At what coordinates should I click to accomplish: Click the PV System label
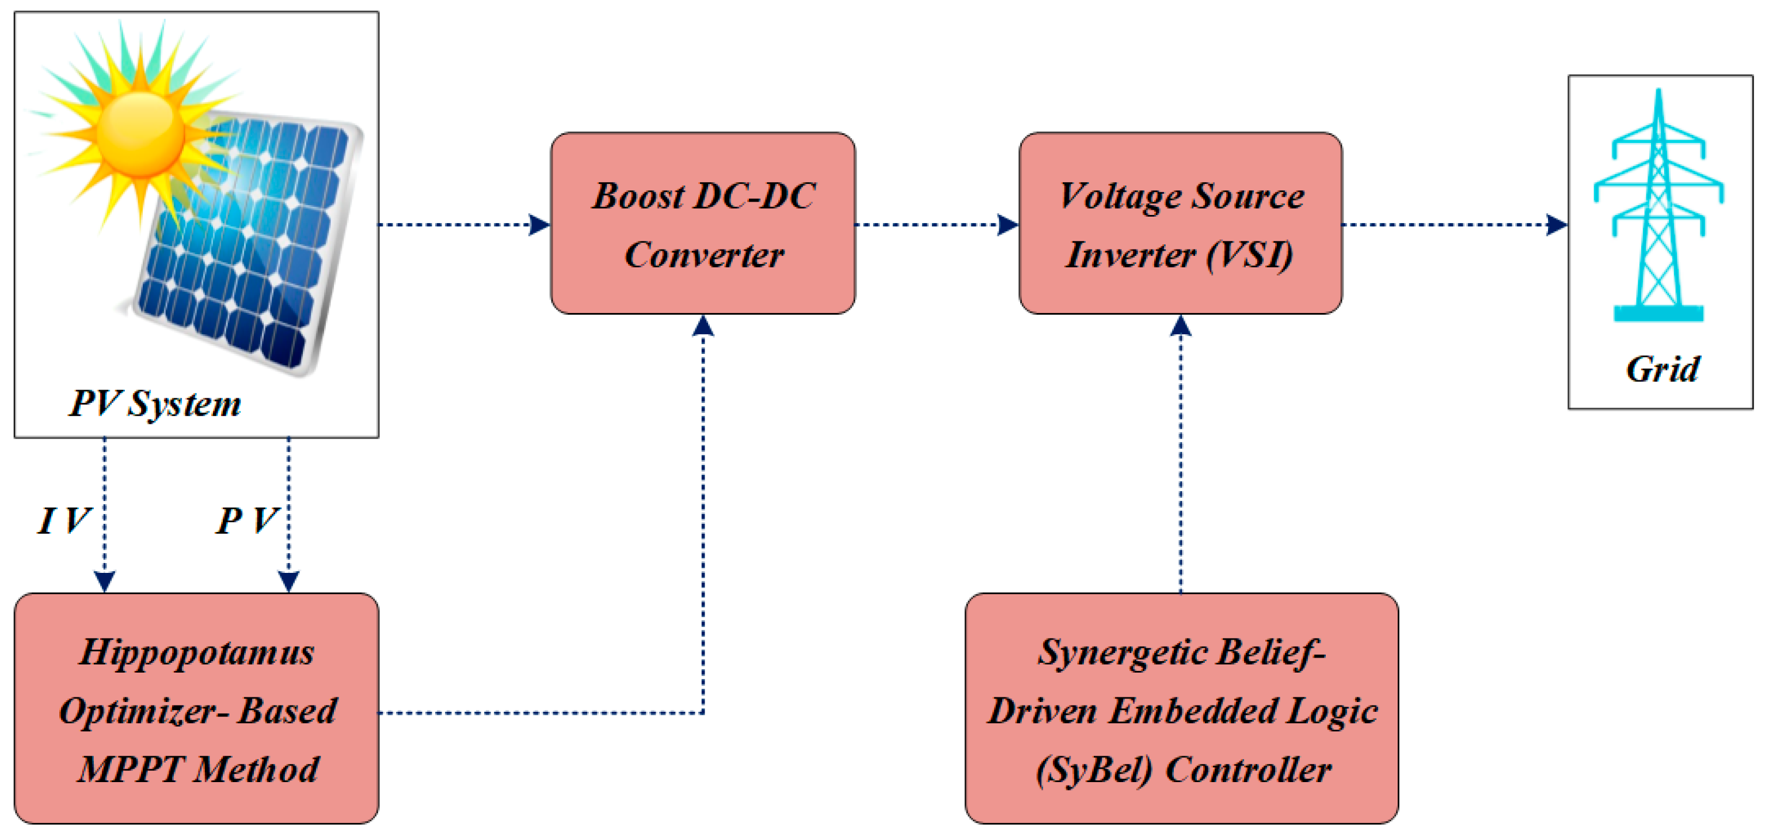pyautogui.click(x=155, y=403)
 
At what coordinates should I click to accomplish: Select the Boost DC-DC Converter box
pyautogui.click(x=703, y=224)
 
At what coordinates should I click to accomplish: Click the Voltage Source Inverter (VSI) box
pyautogui.click(x=1180, y=224)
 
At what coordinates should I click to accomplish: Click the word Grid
pyautogui.click(x=1661, y=369)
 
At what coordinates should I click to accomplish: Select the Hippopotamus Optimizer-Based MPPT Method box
pyautogui.click(x=197, y=708)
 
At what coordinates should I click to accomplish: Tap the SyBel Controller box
pyautogui.click(x=1181, y=708)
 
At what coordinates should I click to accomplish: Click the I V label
pyautogui.click(x=63, y=520)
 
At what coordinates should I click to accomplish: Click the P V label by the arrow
pyautogui.click(x=246, y=520)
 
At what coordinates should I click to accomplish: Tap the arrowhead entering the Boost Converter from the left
pyautogui.click(x=540, y=224)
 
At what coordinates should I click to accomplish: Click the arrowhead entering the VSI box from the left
pyautogui.click(x=1008, y=224)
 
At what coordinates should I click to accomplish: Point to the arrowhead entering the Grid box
pyautogui.click(x=1557, y=224)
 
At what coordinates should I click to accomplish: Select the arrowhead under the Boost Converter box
pyautogui.click(x=703, y=326)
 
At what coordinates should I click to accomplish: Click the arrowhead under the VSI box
pyautogui.click(x=1180, y=326)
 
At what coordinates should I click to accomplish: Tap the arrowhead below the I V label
pyautogui.click(x=104, y=582)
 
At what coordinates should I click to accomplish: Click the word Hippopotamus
pyautogui.click(x=197, y=652)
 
